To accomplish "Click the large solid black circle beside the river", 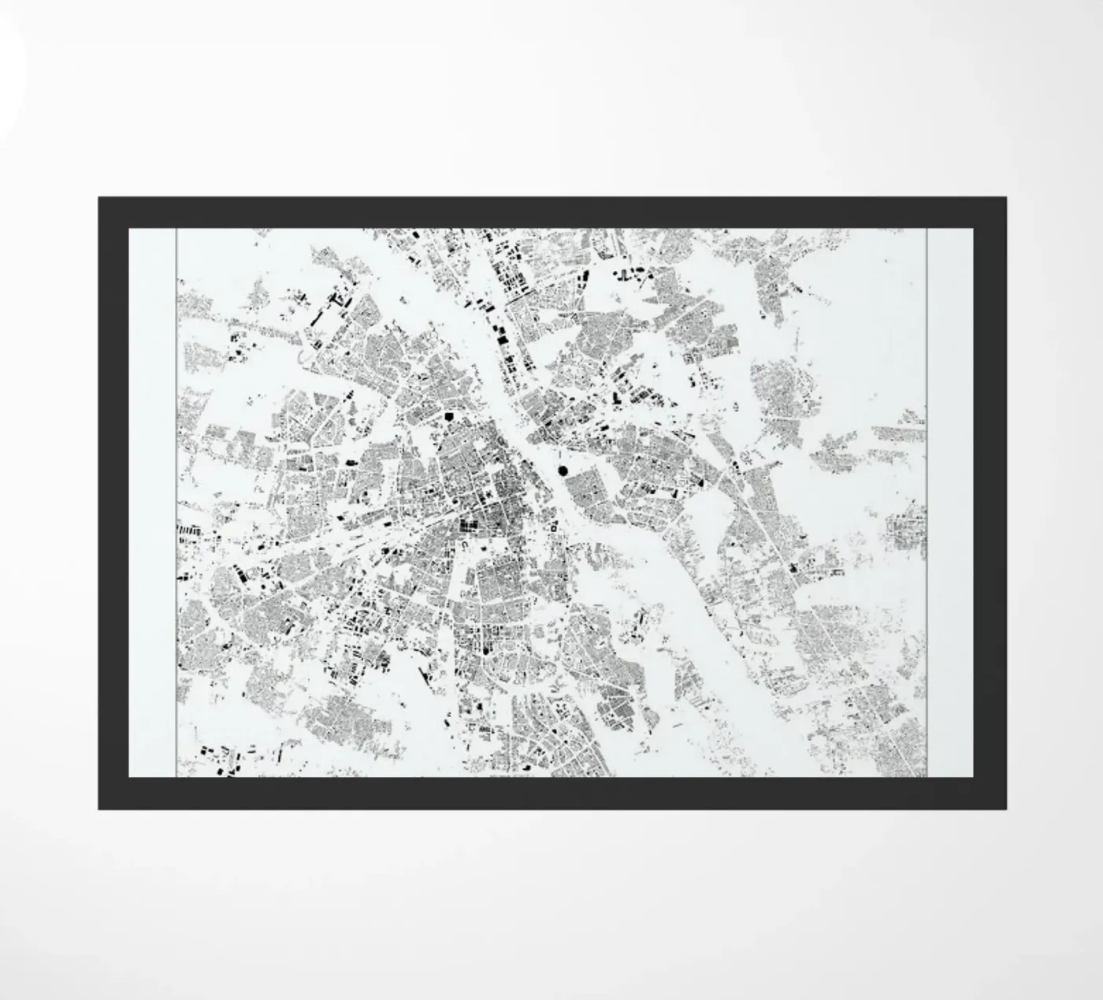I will [563, 470].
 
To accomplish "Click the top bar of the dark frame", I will [551, 212].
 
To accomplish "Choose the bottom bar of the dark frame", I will [551, 794].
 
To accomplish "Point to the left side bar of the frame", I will [113, 504].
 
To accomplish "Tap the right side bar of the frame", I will [990, 504].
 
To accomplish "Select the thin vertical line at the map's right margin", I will [927, 504].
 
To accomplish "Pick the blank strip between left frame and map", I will [152, 504].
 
